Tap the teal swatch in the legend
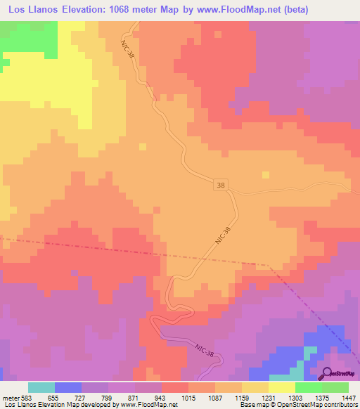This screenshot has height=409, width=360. click(x=41, y=387)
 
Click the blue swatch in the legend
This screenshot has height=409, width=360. click(x=68, y=387)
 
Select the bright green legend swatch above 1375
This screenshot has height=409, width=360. click(x=309, y=387)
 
